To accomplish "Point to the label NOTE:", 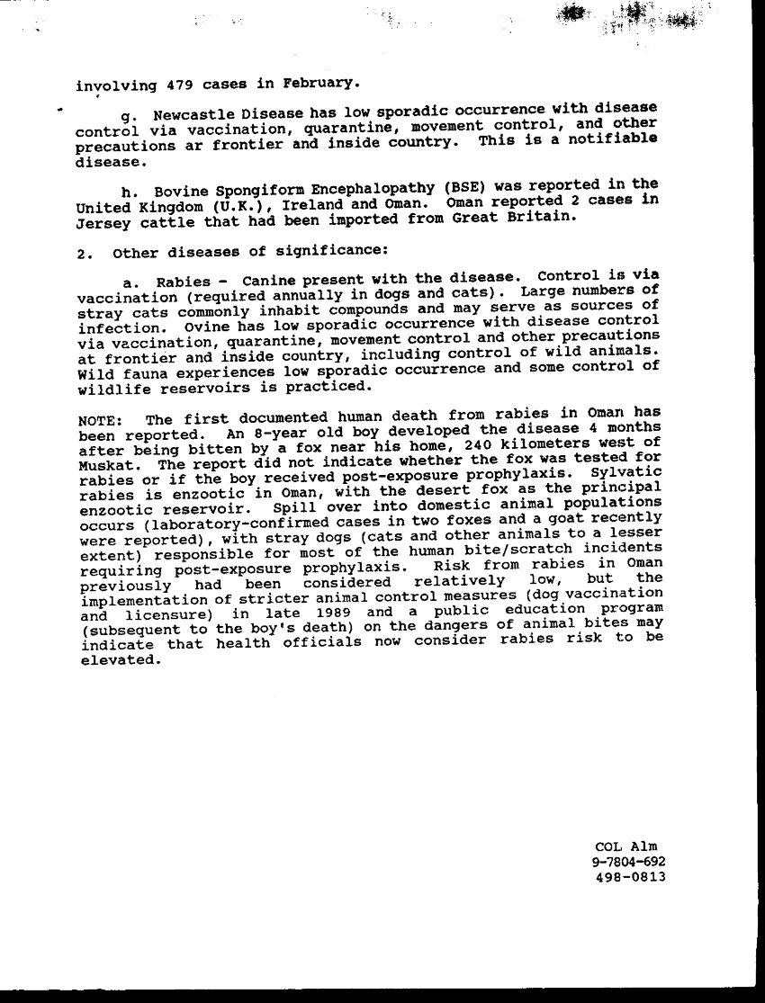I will pyautogui.click(x=101, y=421).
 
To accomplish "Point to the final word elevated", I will pyautogui.click(x=119, y=659).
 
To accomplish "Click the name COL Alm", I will pyautogui.click(x=626, y=846).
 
